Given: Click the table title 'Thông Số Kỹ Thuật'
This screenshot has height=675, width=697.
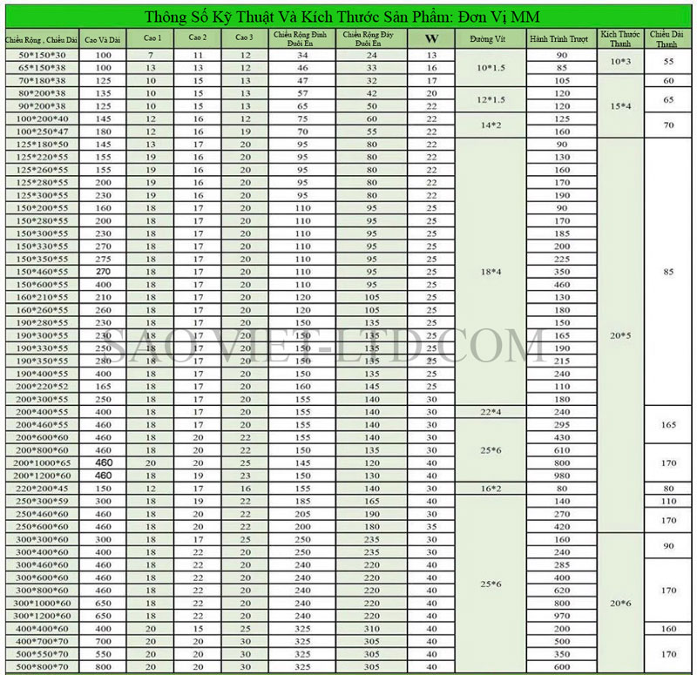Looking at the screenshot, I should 348,17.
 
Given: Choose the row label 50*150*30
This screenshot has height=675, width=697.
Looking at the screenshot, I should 42,55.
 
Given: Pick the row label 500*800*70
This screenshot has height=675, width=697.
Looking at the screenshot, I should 42,666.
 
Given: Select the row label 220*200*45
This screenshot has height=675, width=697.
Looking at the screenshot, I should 42,489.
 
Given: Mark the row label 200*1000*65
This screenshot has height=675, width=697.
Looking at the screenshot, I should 42,463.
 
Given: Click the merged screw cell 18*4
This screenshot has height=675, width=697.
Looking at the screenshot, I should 491,272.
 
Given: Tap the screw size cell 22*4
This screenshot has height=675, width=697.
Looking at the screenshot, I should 491,411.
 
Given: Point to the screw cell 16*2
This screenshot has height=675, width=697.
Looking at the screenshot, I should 491,489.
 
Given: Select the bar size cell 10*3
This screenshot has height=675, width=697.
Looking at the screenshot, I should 620,62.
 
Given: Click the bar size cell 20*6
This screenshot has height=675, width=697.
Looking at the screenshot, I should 620,603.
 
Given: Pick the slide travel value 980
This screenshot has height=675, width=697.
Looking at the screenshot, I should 561,476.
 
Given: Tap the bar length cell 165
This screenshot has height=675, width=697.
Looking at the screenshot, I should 669,424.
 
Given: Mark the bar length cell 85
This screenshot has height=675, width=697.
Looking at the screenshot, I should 669,272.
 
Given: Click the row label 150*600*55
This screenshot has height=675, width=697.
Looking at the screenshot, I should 42,284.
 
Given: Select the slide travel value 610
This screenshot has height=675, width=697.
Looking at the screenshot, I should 561,450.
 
